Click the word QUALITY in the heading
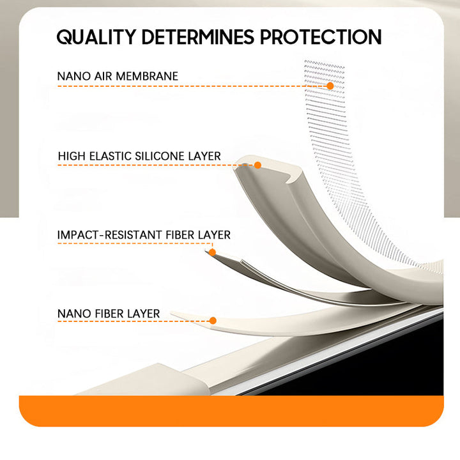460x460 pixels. [x=96, y=37]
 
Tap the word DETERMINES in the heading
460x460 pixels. [x=197, y=37]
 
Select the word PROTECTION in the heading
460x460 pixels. [x=321, y=37]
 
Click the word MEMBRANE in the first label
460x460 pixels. [x=147, y=76]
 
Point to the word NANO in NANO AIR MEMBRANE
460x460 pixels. [x=74, y=76]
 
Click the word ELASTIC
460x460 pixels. [x=110, y=156]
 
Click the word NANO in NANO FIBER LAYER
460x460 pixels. [x=74, y=314]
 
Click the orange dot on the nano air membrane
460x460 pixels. [x=330, y=86]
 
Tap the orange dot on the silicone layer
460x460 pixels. [x=258, y=165]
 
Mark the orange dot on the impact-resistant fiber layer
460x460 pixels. [x=212, y=252]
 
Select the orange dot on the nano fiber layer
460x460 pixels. [x=213, y=321]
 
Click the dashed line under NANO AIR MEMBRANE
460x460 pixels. [x=192, y=86]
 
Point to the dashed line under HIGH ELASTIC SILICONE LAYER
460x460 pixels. [x=156, y=165]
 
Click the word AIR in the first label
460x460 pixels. [x=103, y=76]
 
